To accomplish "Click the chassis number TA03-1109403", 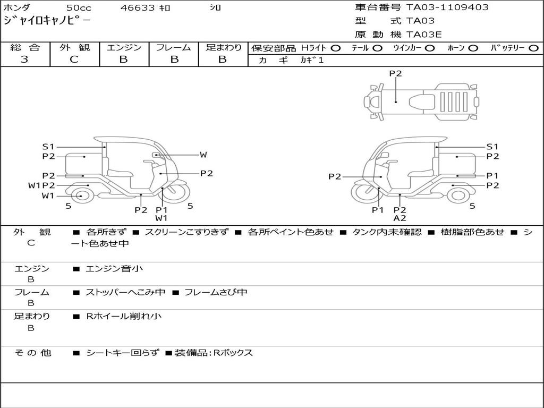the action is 447,7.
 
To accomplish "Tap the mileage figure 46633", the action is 138,7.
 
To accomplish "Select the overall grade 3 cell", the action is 24,59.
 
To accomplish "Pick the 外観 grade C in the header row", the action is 74,59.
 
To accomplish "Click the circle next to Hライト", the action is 336,48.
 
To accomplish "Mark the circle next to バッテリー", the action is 533,48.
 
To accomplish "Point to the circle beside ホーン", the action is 473,48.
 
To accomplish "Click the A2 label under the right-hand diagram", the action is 399,218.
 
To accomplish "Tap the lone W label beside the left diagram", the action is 203,155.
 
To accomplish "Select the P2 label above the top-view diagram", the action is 395,73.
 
